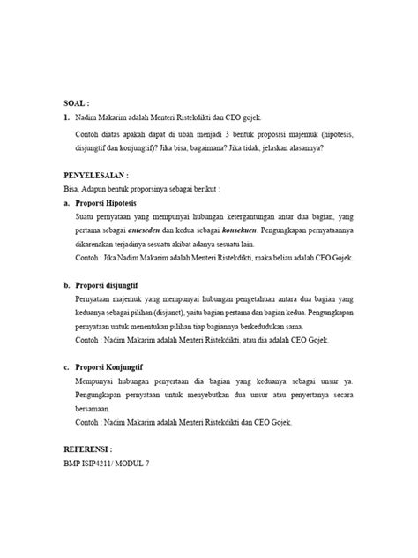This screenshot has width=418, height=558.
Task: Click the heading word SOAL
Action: pos(77,102)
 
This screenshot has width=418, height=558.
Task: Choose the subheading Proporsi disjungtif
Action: pos(114,285)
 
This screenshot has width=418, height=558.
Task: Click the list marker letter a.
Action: pos(66,202)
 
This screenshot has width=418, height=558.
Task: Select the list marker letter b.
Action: pos(66,285)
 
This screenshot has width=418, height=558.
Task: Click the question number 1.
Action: pos(66,117)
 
